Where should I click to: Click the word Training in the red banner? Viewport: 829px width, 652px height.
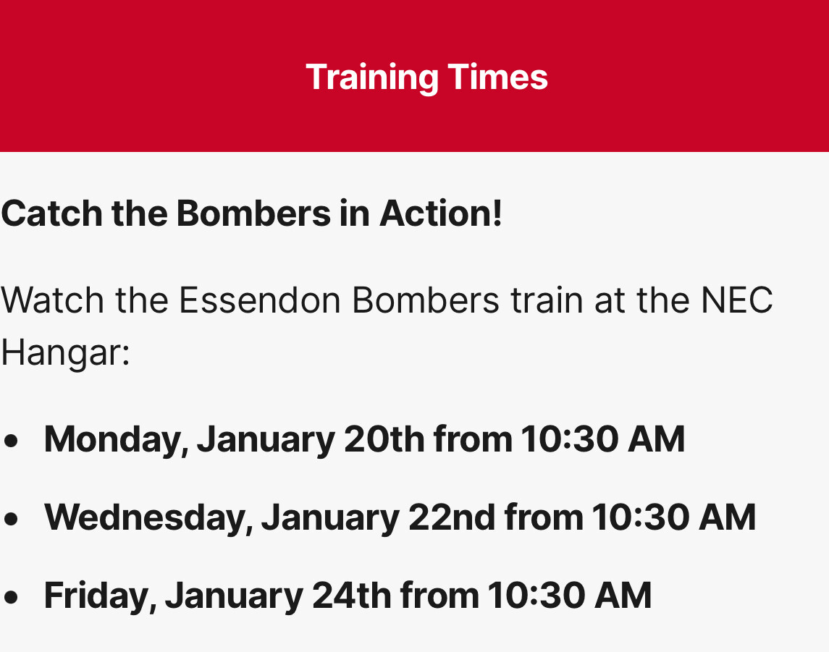click(x=372, y=78)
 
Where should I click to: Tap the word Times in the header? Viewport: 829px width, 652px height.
click(x=497, y=77)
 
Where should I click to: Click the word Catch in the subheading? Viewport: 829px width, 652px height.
click(x=52, y=213)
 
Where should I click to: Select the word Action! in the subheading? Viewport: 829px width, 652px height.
click(x=440, y=213)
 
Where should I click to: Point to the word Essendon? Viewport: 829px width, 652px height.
click(x=260, y=300)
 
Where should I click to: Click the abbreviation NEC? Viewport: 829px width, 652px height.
click(x=737, y=300)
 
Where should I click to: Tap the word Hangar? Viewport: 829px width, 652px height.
click(x=66, y=353)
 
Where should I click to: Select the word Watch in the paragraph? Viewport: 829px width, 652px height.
click(x=52, y=300)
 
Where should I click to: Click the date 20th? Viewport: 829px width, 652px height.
click(x=384, y=439)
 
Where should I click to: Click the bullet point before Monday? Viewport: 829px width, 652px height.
click(x=11, y=441)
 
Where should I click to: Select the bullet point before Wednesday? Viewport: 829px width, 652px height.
click(x=11, y=518)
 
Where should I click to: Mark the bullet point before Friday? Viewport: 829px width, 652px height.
click(x=11, y=596)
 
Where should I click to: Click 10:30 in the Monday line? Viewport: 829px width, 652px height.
click(x=569, y=439)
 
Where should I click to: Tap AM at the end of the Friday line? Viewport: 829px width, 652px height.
click(x=623, y=595)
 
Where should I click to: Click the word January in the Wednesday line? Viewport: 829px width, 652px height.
click(x=330, y=518)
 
